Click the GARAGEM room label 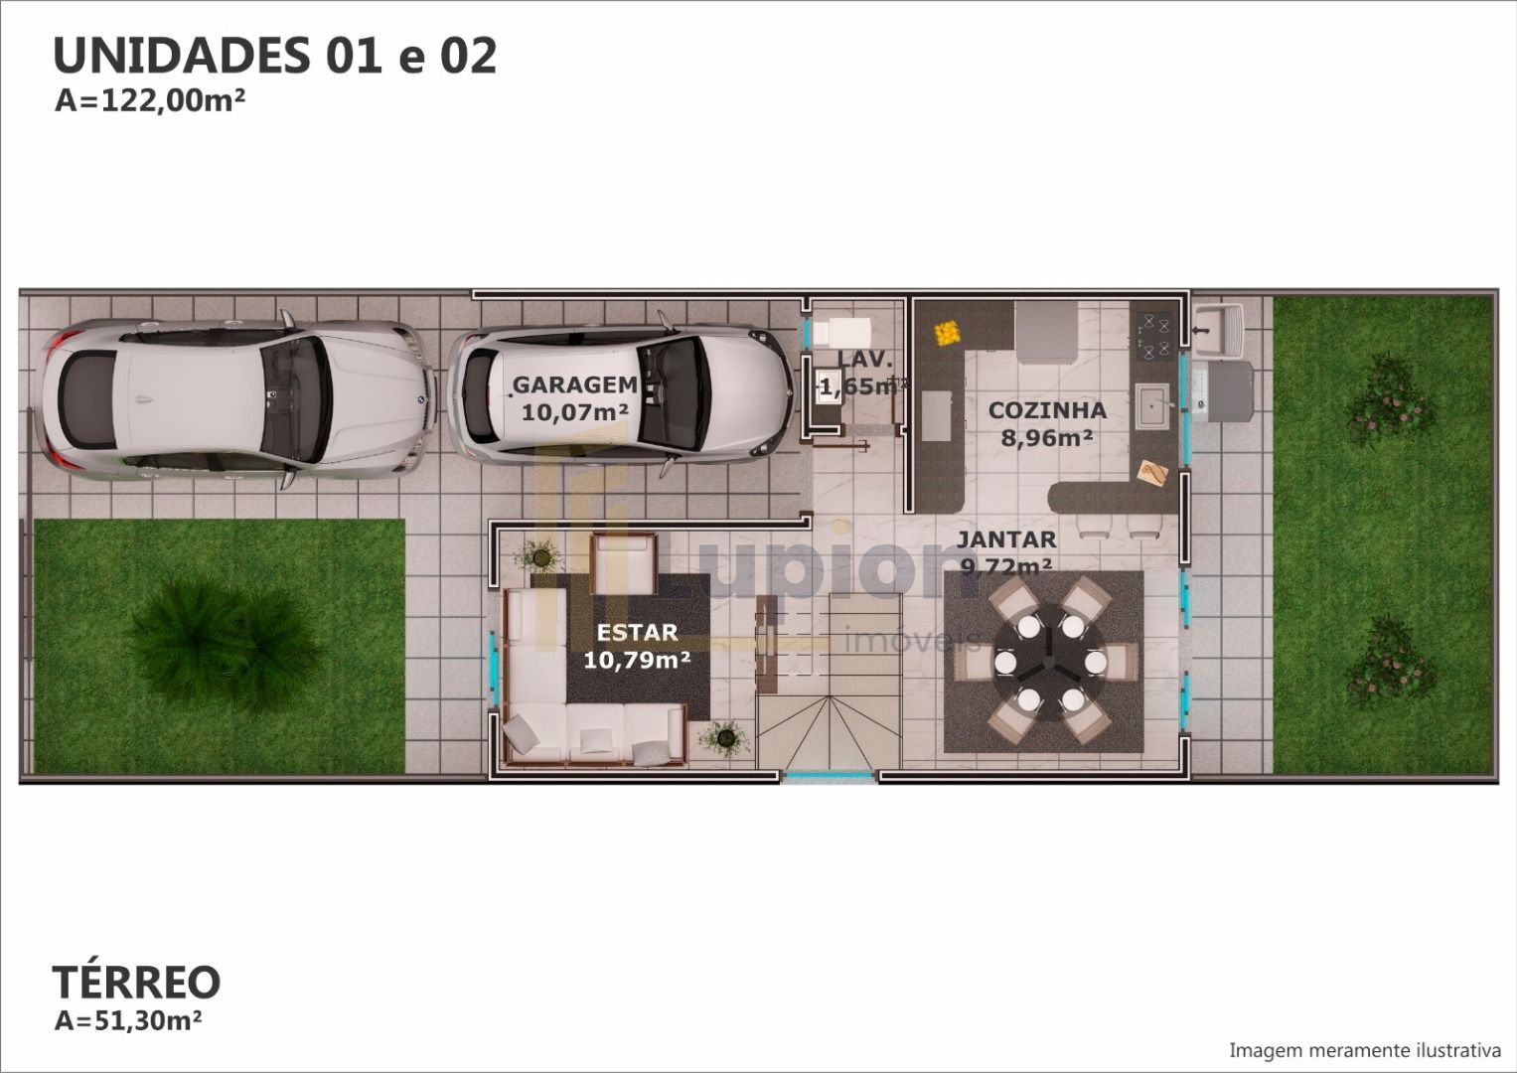click(x=575, y=384)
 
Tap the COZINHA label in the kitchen click(x=1047, y=409)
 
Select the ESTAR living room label click(x=637, y=632)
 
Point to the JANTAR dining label click(x=1006, y=539)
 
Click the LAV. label click(x=865, y=359)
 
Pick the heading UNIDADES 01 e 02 click(x=275, y=56)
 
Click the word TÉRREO click(x=136, y=983)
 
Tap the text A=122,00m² click(x=150, y=101)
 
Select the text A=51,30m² click(x=128, y=1020)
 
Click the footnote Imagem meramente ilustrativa click(x=1365, y=1051)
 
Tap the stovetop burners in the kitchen click(x=1155, y=337)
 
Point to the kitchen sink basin click(x=1152, y=405)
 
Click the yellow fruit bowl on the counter click(x=948, y=333)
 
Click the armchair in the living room click(x=624, y=564)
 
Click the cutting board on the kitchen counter click(x=1153, y=472)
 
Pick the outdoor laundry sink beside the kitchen click(x=1219, y=331)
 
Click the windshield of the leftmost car click(x=296, y=399)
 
